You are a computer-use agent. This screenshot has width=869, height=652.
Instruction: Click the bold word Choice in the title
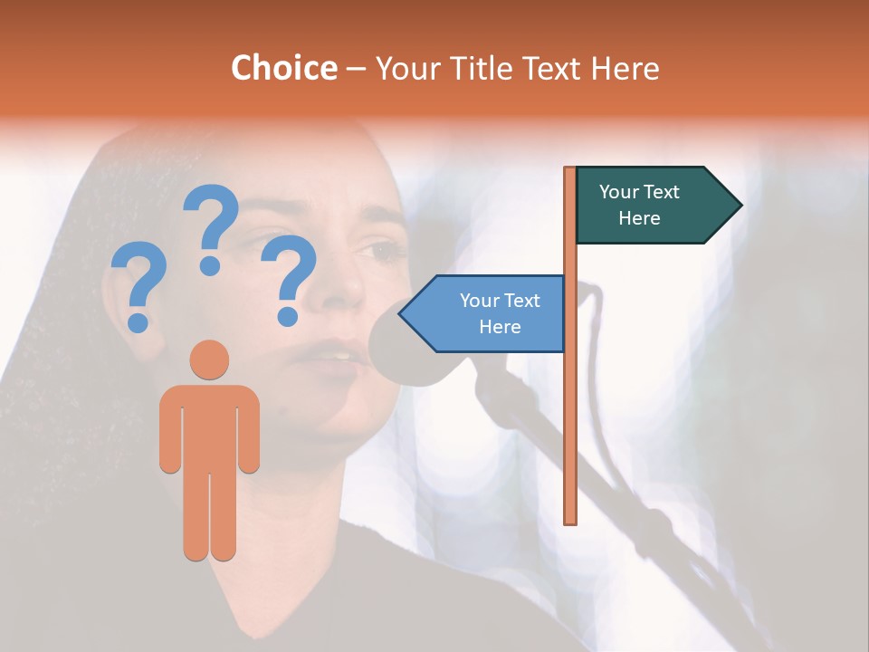coord(283,68)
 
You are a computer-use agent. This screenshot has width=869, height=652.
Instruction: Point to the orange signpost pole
coord(570,407)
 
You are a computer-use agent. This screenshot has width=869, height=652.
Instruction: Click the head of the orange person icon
coord(209,360)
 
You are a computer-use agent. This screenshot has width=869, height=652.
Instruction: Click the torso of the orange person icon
coord(209,426)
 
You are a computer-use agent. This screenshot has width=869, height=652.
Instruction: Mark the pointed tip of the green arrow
coord(740,206)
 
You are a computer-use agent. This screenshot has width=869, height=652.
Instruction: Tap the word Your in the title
coord(405,68)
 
